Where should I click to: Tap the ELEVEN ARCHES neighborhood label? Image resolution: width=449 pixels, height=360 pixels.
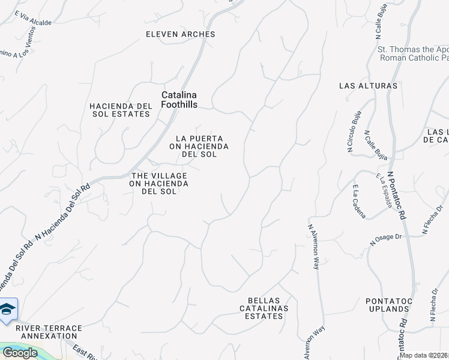180,34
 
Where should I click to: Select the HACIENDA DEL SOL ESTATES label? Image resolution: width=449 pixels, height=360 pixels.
120,110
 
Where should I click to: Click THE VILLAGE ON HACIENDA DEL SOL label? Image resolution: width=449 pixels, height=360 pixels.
160,183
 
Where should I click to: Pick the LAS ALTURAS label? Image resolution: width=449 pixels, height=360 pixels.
368,86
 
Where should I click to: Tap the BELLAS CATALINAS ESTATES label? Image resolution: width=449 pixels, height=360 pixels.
268,308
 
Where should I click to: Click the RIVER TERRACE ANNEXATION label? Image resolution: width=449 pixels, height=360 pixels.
49,332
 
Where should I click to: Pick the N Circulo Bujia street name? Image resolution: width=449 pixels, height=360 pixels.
354,132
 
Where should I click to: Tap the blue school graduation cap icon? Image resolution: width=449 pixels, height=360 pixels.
8,309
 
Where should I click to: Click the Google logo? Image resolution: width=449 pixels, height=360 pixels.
20,353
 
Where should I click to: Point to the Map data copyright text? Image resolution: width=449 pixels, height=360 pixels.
423,355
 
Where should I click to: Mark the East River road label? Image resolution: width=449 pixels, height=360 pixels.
85,352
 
